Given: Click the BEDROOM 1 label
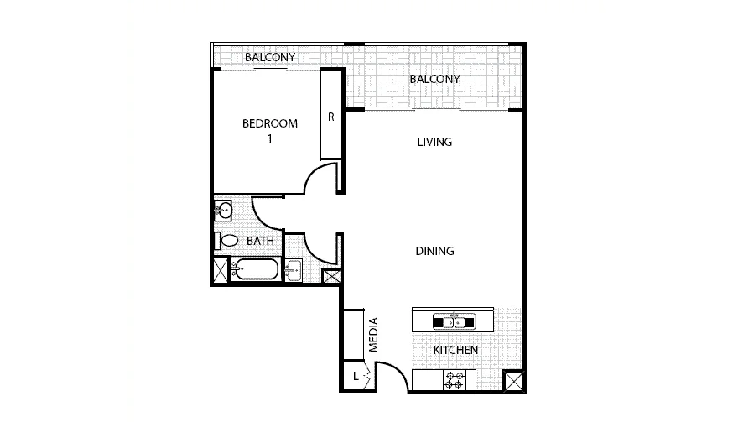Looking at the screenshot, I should coord(269,131).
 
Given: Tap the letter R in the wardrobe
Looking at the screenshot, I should coord(331,117).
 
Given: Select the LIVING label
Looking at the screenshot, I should coord(434,142).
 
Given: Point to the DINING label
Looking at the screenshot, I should coord(434,251).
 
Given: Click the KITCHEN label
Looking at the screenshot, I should coord(455,350).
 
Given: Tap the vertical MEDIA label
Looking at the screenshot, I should coord(374,334).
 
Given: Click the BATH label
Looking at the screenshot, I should coord(260,241).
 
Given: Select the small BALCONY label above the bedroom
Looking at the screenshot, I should coord(270,57).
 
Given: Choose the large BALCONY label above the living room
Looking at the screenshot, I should coord(434,79).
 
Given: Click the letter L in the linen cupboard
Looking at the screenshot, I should coord(356,377).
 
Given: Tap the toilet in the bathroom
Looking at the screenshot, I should coord(229,241).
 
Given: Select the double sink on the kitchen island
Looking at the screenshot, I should coord(454,320).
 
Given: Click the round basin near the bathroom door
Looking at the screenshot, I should coord(223,210).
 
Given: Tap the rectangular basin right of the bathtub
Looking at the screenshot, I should coord(294,270).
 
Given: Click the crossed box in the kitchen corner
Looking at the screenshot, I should coord(512,381).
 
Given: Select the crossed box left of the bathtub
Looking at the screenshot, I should coord(220,270).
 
